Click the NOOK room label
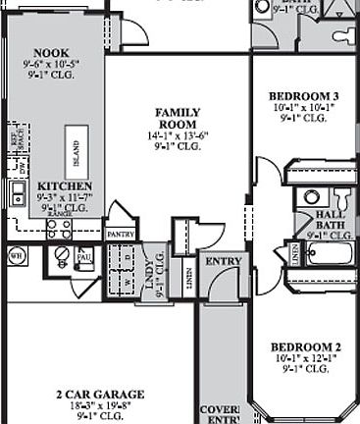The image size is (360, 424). pyautogui.click(x=51, y=53)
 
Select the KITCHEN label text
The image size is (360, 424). pyautogui.click(x=65, y=185)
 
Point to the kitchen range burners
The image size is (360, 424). pyautogui.click(x=59, y=229)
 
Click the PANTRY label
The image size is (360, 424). pyautogui.click(x=120, y=235)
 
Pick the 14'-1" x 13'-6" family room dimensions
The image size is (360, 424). pyautogui.click(x=178, y=134)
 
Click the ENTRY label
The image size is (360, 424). pyautogui.click(x=222, y=261)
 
